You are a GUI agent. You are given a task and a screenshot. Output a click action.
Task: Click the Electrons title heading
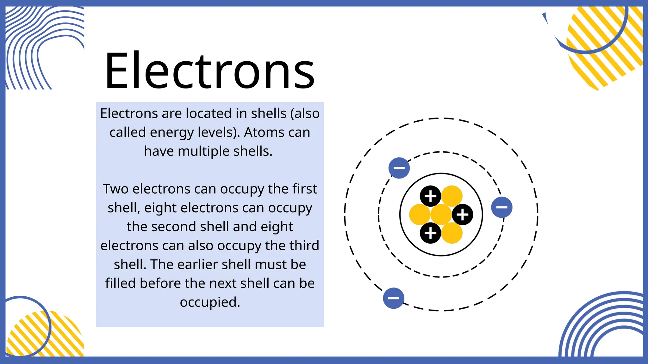coord(209,71)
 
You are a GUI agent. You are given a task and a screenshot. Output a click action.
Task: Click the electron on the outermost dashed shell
coord(393,298)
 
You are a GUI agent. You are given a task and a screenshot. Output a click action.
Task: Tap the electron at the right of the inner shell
coord(502,207)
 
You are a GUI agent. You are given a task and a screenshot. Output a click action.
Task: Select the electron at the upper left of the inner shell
coord(399,168)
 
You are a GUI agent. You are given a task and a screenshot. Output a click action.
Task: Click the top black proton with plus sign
coord(430,196)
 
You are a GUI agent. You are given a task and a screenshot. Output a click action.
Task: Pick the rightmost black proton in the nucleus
coord(462,215)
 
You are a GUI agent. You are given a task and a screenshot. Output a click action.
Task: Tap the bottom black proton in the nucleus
coord(430,233)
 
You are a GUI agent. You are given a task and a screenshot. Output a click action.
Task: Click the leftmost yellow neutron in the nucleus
coord(420,215)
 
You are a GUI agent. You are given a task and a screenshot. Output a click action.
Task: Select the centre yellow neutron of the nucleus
coord(441,215)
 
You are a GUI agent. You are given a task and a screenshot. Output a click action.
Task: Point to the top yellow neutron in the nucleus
coord(452,196)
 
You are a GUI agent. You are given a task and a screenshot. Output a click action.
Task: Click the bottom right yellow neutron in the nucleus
coord(452,233)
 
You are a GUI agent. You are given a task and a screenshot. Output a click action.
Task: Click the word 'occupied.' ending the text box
coord(210,302)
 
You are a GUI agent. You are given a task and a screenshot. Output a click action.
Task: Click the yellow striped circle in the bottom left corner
coord(44,335)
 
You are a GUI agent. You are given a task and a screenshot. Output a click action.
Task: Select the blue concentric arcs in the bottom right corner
coord(604,329)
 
